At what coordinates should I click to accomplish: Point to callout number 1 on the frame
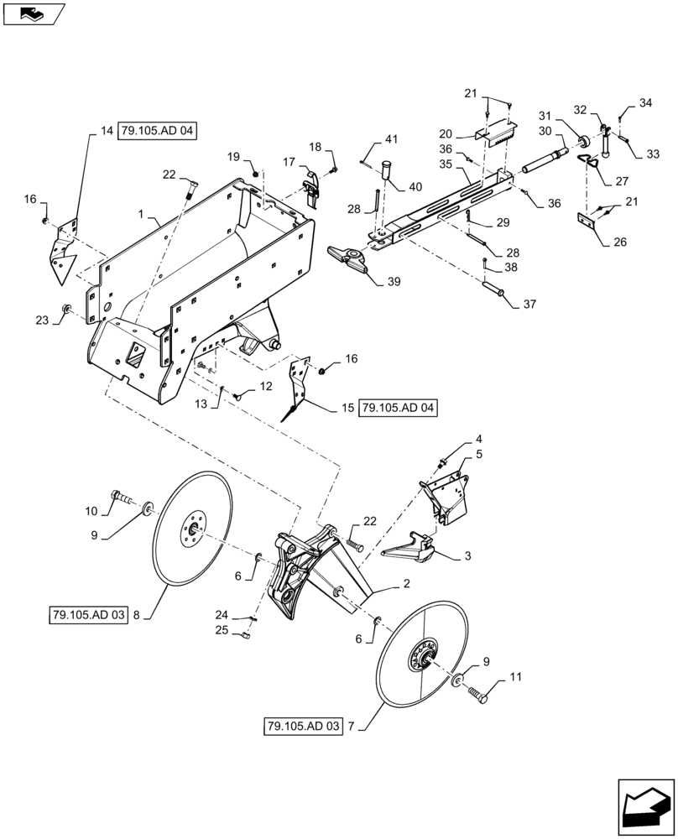click(143, 216)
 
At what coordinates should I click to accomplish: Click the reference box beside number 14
click(157, 132)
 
